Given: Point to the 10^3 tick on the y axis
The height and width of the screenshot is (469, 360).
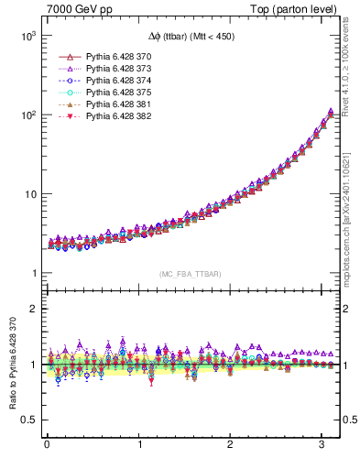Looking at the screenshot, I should coord(25,36).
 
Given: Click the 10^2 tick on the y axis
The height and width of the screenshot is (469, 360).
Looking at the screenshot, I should coord(25,115).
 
